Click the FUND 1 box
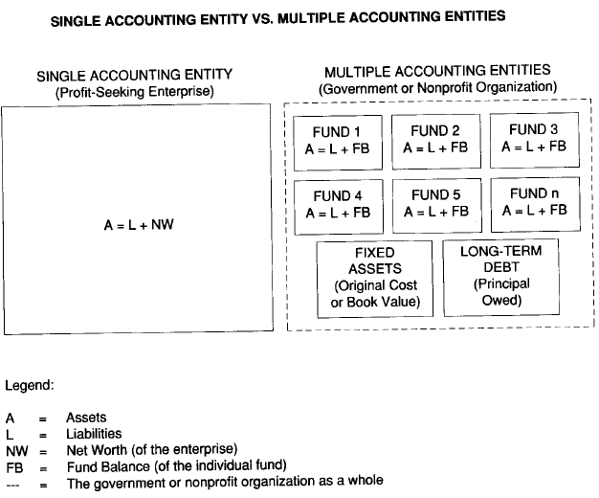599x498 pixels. [x=337, y=141]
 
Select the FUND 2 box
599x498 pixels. [x=435, y=140]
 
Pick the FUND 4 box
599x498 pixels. [x=337, y=204]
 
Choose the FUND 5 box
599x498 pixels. [x=435, y=203]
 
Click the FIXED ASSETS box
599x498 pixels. [x=374, y=278]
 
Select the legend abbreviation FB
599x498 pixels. [x=14, y=466]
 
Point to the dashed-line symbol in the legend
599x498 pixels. [x=13, y=482]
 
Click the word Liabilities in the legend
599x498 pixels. [x=93, y=434]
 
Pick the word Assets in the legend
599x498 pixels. [x=85, y=419]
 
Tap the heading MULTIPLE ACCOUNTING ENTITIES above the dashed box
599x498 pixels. [x=437, y=71]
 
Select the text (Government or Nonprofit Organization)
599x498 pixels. [x=437, y=87]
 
